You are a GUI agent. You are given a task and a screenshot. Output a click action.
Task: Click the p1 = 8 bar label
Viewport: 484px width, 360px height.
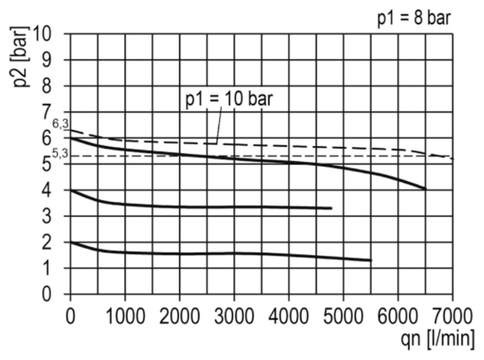[x=414, y=18]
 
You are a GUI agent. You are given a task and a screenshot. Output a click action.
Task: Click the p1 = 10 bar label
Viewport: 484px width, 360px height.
[x=229, y=99]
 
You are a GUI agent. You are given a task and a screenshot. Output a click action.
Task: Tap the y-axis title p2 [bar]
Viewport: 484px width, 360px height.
[x=20, y=57]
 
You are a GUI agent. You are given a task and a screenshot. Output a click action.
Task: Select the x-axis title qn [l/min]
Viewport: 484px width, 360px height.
[x=438, y=338]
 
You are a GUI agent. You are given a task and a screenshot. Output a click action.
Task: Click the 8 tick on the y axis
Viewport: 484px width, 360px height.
[x=46, y=85]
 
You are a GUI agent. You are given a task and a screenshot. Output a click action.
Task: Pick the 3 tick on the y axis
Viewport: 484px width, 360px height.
[x=46, y=216]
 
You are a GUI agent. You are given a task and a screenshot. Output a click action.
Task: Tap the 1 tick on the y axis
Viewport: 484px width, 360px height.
[x=46, y=268]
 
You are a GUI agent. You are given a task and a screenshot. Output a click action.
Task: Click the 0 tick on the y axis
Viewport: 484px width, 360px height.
[x=46, y=294]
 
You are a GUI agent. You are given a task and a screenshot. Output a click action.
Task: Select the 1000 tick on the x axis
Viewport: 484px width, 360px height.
[x=125, y=316]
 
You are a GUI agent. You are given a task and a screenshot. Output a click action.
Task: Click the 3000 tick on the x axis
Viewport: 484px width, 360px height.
[x=234, y=316]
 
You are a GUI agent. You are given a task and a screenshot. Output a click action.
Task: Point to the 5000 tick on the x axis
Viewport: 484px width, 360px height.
[x=343, y=316]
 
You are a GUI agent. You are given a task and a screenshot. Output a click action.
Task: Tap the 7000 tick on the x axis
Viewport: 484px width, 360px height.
[x=452, y=316]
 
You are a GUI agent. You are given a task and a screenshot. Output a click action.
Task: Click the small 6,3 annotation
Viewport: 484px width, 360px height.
[x=60, y=124]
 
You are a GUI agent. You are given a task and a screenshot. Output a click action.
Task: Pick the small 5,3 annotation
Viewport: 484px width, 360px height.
[x=60, y=154]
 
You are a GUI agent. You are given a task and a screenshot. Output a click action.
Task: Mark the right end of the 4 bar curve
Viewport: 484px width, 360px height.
[x=331, y=209]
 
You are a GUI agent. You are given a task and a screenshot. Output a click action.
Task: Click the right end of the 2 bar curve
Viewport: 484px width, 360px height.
[x=371, y=261]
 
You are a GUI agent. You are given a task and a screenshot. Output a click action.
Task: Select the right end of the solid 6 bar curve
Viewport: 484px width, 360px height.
[x=425, y=188]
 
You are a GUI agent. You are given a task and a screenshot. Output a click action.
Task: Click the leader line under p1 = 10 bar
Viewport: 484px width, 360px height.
[x=219, y=125]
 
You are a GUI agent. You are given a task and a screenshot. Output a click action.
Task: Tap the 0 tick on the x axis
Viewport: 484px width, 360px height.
[x=70, y=316]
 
